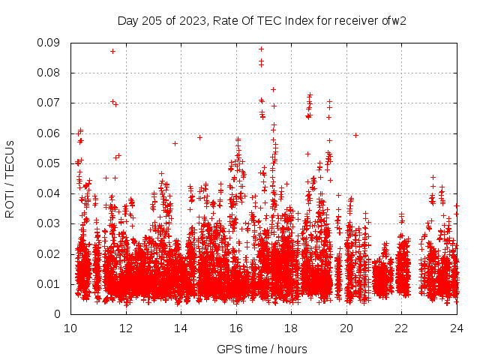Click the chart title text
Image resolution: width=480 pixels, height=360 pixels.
tap(262, 20)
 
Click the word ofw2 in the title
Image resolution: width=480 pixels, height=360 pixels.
tap(393, 20)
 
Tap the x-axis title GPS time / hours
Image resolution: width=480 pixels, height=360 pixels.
tap(262, 349)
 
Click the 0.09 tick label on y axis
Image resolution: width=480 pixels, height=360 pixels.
tap(50, 43)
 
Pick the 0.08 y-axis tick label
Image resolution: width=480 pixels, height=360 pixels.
tap(50, 73)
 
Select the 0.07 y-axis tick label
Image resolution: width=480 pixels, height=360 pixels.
tap(50, 103)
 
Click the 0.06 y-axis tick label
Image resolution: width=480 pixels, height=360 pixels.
tap(50, 133)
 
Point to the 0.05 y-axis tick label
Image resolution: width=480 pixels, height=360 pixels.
tap(50, 163)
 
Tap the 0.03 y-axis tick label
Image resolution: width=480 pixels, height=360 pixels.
tap(50, 223)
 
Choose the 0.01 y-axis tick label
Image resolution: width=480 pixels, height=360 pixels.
tap(50, 283)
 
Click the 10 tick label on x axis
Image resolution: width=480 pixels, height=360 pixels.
tap(70, 328)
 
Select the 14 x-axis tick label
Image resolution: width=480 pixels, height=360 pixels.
tap(181, 328)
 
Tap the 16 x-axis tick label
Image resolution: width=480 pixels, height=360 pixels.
tap(236, 328)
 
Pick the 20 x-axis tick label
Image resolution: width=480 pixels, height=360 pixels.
tap(346, 328)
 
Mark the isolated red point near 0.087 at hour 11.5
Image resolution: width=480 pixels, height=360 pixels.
tap(112, 51)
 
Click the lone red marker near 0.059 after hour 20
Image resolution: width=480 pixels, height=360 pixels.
tap(355, 135)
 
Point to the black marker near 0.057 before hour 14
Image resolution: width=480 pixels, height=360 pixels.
tap(175, 143)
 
